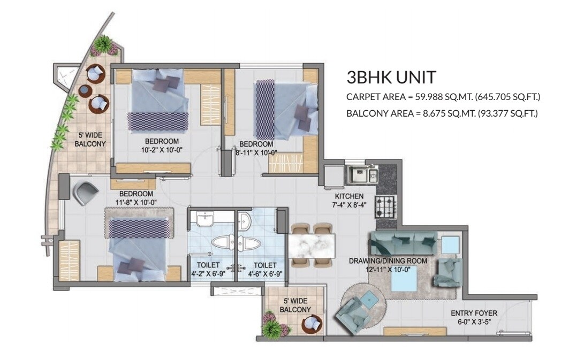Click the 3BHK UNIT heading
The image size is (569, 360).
(x=391, y=78)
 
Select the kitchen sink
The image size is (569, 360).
(x=363, y=174)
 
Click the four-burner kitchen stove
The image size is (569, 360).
(x=385, y=206)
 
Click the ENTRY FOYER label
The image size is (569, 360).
(x=473, y=313)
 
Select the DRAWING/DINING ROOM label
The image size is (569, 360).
(x=388, y=261)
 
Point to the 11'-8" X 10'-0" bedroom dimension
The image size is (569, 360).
(x=136, y=202)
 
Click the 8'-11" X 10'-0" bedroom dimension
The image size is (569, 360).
(x=256, y=152)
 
